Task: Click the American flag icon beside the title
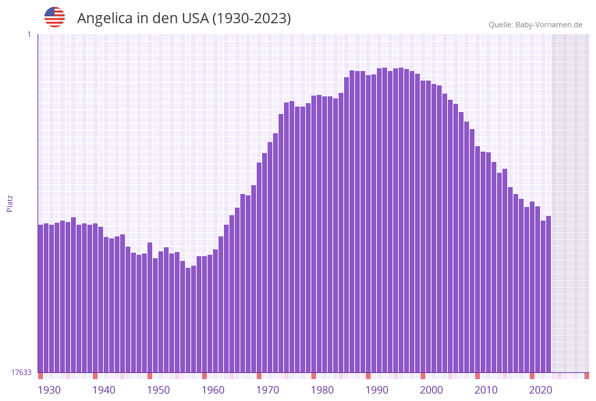[55, 17]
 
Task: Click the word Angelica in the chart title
[104, 18]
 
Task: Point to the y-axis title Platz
[10, 203]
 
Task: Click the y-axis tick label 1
[29, 34]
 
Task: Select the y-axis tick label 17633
[21, 372]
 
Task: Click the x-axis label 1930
[48, 390]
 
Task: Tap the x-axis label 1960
[213, 390]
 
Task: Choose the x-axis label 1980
[322, 390]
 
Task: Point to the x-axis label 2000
[431, 390]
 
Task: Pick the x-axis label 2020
[541, 390]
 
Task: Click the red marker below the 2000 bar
[423, 376]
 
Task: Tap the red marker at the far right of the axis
[586, 376]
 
